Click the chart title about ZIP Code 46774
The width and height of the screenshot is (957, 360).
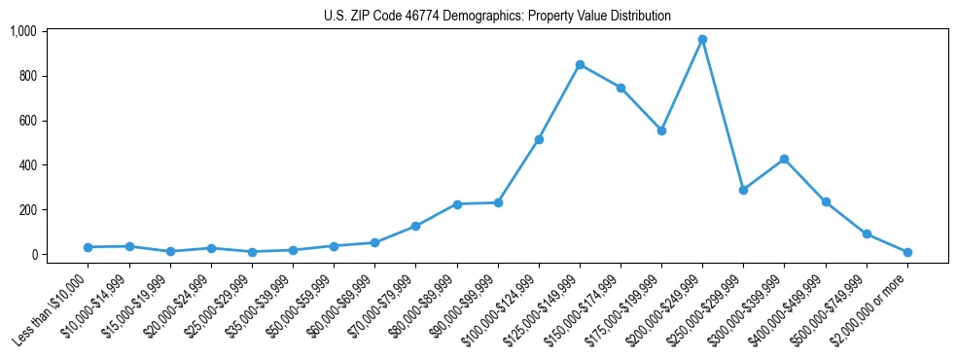pos(497,17)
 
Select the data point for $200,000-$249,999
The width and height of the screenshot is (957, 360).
pos(702,40)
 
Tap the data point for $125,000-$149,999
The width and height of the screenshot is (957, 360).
pos(580,65)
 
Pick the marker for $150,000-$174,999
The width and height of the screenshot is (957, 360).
pos(620,88)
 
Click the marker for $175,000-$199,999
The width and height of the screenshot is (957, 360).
pos(661,130)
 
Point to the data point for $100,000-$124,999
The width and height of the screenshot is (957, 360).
pos(539,139)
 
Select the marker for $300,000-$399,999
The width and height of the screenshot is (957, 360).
pos(784,159)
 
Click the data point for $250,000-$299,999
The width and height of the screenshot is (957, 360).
pos(743,190)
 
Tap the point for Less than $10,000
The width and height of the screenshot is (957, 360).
pos(88,247)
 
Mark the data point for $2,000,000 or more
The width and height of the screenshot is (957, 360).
pos(907,252)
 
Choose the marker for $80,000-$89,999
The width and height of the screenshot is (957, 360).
pos(457,204)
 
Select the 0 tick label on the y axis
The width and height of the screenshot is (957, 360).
pos(33,255)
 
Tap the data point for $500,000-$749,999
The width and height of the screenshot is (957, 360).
pos(867,234)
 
